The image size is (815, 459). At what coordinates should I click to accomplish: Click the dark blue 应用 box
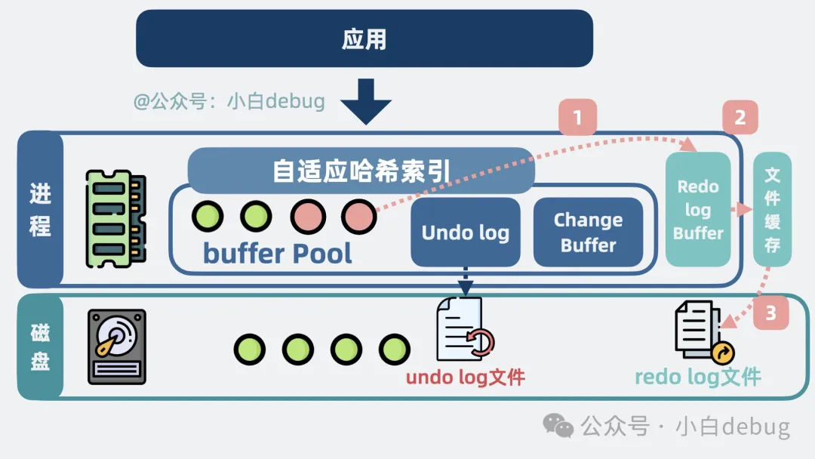click(364, 38)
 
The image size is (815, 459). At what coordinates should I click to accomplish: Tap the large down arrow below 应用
click(365, 101)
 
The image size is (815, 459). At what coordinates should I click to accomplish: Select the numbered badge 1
click(577, 118)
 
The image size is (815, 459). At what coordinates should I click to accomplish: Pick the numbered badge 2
click(740, 118)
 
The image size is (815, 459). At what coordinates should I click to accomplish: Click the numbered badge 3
click(770, 313)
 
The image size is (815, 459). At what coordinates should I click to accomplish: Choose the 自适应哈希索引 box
click(361, 171)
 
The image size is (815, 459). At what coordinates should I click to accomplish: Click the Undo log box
click(465, 232)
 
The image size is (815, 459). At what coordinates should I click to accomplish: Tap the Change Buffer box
click(588, 232)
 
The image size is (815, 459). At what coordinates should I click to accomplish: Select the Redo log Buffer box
click(698, 209)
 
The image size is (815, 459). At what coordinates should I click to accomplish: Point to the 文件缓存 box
click(772, 209)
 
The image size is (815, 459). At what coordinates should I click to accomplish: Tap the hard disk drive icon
click(117, 347)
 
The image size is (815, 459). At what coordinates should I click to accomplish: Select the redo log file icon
click(703, 331)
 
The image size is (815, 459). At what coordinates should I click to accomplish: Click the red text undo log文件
click(465, 377)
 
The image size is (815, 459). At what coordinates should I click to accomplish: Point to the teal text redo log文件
click(697, 376)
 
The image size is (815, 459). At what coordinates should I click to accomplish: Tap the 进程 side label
click(41, 209)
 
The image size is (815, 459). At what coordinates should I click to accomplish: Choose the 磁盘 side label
click(41, 347)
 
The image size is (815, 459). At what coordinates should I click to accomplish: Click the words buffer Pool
click(278, 253)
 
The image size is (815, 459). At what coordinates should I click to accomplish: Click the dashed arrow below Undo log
click(466, 281)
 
